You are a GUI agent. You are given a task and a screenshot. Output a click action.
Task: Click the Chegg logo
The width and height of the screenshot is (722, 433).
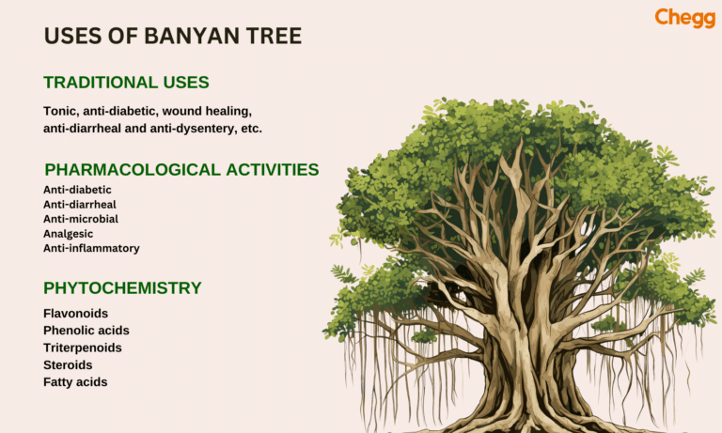point(684,18)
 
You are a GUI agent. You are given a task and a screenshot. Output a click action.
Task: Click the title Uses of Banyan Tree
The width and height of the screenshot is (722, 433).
point(173,37)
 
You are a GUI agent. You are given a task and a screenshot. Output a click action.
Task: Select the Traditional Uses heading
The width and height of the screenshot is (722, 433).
point(126,83)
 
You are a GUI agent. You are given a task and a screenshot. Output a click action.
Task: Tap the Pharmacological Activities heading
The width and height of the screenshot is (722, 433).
point(181,170)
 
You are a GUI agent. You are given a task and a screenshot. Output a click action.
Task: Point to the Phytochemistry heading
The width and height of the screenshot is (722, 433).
point(122,288)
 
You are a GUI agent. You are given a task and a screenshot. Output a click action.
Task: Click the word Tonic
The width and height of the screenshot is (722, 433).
point(60,111)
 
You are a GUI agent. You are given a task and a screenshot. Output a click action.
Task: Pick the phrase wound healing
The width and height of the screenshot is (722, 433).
point(207,111)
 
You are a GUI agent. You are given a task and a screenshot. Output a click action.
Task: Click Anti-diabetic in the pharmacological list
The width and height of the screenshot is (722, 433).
point(77,190)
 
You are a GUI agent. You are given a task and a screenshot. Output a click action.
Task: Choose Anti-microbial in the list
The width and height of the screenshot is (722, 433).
point(81,219)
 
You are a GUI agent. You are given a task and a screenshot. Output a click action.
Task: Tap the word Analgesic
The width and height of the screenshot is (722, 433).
point(70,234)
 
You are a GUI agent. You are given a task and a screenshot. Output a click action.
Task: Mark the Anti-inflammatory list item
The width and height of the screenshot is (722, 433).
point(91,249)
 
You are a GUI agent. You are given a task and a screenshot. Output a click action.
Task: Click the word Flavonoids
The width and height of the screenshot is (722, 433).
point(75,314)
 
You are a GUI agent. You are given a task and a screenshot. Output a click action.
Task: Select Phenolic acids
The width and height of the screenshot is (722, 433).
point(86,331)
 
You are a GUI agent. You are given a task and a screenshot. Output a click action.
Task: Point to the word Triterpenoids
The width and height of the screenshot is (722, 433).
point(83,348)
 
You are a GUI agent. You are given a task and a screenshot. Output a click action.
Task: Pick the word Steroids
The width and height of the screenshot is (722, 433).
point(68,365)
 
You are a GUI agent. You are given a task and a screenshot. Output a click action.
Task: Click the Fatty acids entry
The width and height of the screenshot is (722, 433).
point(75,382)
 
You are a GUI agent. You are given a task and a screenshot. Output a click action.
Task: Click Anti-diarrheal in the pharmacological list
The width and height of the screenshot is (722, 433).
point(80,204)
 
